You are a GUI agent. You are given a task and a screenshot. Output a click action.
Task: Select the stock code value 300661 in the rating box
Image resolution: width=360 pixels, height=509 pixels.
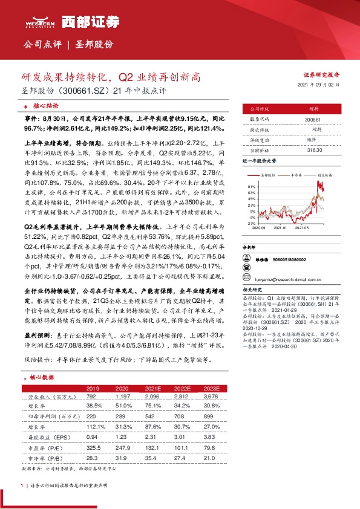[313, 120]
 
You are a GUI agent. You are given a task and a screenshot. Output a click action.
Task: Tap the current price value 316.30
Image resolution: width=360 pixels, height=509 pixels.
[313, 149]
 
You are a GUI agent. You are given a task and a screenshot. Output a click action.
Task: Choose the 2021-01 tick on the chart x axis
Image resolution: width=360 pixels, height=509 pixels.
[280, 229]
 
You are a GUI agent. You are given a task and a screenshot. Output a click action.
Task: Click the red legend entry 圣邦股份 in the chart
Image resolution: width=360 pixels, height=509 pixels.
[267, 173]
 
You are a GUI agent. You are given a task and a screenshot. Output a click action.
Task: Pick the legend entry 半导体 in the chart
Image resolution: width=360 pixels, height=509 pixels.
[296, 173]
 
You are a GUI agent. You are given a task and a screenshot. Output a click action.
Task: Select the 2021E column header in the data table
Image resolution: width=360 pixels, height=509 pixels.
[151, 388]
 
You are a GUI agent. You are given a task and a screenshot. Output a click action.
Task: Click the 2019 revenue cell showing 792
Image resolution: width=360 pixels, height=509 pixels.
[93, 396]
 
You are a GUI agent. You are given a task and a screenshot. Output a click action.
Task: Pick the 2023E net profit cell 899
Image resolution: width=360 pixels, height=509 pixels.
[208, 417]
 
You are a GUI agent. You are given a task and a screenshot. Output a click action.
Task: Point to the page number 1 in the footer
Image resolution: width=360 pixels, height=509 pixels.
[22, 485]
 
